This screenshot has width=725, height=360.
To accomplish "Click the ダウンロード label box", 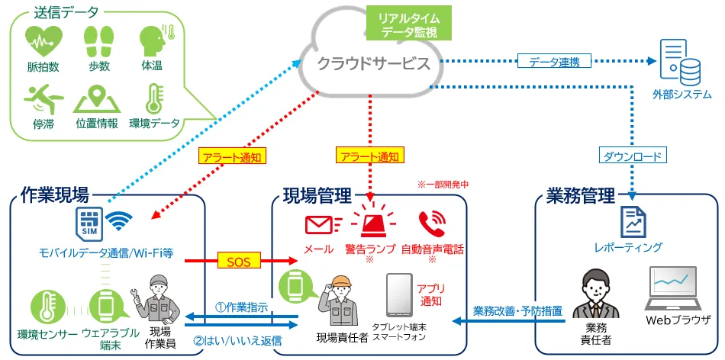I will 635,156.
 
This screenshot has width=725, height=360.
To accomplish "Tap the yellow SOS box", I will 239,260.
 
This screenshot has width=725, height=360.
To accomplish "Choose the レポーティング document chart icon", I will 632,221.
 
